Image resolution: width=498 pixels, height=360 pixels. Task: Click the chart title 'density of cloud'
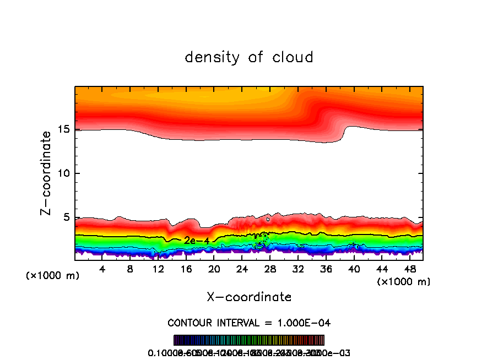tap(249, 57)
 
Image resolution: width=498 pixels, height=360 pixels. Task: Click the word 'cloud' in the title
tap(293, 57)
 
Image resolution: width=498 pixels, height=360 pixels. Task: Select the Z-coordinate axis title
tap(47, 173)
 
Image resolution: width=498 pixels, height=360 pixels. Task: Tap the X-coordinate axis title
tap(249, 297)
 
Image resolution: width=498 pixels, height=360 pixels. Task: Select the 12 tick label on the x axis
tap(158, 269)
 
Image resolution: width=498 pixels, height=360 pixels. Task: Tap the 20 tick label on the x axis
tap(214, 269)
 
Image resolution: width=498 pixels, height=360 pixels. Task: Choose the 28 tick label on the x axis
tap(270, 269)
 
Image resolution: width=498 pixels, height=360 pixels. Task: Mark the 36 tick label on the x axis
tap(326, 269)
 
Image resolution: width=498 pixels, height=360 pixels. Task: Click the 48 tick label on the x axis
tap(409, 269)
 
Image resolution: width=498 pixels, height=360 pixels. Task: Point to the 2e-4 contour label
tap(196, 241)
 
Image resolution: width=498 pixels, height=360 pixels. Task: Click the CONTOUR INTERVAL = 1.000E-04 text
tap(249, 323)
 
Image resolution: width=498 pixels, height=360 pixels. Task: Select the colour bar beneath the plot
tap(249, 340)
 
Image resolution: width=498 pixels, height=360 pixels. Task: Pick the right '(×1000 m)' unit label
tap(404, 282)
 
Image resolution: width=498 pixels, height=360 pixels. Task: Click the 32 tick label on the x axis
tap(298, 269)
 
